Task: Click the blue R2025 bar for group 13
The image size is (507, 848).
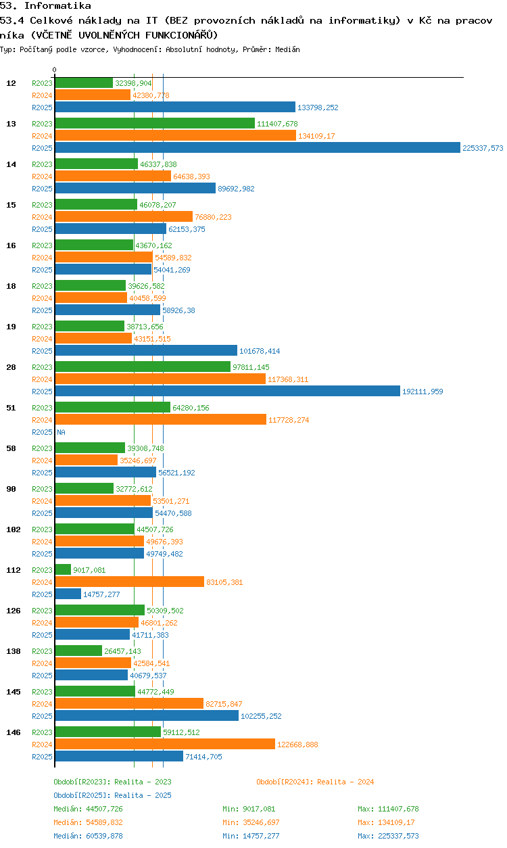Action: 258,147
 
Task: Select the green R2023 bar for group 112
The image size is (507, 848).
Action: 63,569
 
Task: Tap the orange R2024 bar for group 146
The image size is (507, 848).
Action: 165,744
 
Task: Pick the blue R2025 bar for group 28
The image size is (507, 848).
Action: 227,391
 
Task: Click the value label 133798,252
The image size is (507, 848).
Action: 318,108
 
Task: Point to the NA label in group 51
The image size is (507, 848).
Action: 61,432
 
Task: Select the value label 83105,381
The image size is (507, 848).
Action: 224,582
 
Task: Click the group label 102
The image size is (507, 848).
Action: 14,529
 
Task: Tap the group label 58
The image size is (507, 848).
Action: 11,448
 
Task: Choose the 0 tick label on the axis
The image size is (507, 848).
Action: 55,70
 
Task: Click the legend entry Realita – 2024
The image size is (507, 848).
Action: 315,782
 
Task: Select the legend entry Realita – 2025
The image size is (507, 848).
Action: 112,795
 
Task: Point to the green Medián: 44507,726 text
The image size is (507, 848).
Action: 88,809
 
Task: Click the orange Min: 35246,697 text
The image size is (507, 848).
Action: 251,822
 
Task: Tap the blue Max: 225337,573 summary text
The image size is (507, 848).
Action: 388,836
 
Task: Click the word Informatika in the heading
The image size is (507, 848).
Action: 57,5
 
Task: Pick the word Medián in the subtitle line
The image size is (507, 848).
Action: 287,49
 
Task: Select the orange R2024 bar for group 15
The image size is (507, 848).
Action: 124,216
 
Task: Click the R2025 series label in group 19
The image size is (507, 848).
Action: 42,351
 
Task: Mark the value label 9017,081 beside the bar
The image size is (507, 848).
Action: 89,570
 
